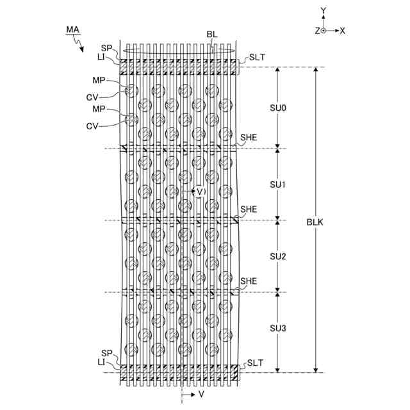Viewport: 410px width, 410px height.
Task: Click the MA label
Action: (x=72, y=29)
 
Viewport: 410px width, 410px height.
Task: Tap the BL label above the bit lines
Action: (x=213, y=34)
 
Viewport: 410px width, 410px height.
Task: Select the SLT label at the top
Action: (x=258, y=57)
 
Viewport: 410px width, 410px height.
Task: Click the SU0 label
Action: (x=277, y=108)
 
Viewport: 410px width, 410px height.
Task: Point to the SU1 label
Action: (x=277, y=184)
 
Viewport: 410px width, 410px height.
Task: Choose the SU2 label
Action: (x=277, y=256)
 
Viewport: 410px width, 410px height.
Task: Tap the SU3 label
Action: (x=277, y=329)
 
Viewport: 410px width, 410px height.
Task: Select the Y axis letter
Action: (x=324, y=10)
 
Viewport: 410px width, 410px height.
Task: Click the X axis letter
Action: (x=343, y=30)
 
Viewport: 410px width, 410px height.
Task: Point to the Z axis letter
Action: (x=316, y=30)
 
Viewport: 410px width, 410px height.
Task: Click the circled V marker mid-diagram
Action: (x=199, y=192)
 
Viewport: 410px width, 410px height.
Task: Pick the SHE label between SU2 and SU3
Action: (x=249, y=281)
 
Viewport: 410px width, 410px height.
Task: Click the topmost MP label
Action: (x=98, y=81)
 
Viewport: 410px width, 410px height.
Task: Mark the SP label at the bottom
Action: (x=106, y=353)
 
